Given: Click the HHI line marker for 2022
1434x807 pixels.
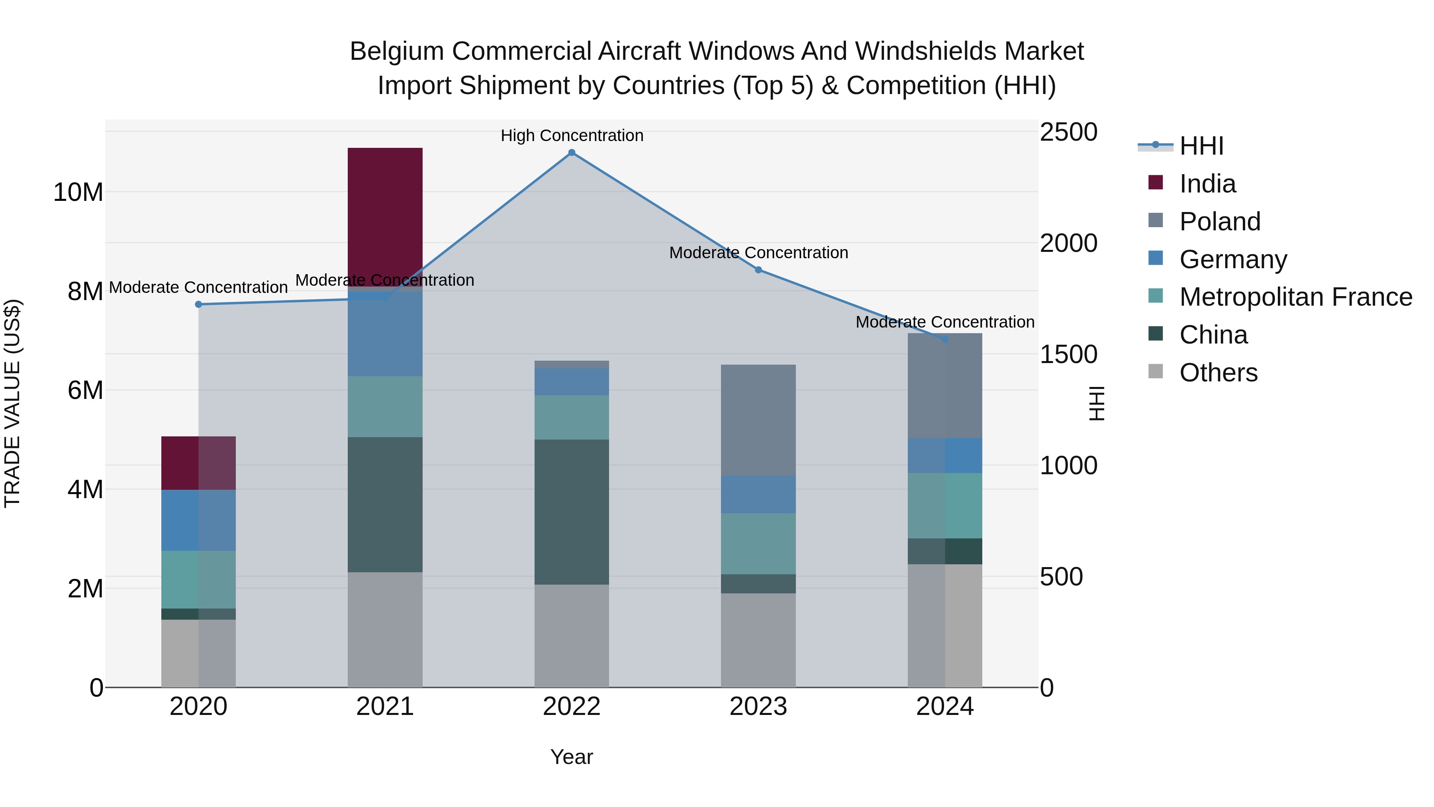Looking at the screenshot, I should click(x=571, y=153).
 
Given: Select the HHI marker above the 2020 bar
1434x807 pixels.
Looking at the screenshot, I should click(x=198, y=304).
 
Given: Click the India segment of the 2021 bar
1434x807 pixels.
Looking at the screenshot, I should click(x=385, y=217).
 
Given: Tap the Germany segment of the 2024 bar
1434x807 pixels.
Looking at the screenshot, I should click(x=945, y=456).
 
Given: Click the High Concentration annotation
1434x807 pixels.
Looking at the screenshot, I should click(x=572, y=136).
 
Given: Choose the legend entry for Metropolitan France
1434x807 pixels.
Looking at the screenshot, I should click(x=1295, y=297).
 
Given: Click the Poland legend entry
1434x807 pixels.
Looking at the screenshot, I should click(x=1220, y=222).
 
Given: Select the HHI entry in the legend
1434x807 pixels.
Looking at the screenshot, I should click(x=1201, y=146).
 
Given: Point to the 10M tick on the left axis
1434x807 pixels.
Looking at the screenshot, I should click(x=78, y=193).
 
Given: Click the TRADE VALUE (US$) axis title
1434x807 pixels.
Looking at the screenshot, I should click(x=12, y=403).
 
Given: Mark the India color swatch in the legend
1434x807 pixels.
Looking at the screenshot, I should click(x=1155, y=183).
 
